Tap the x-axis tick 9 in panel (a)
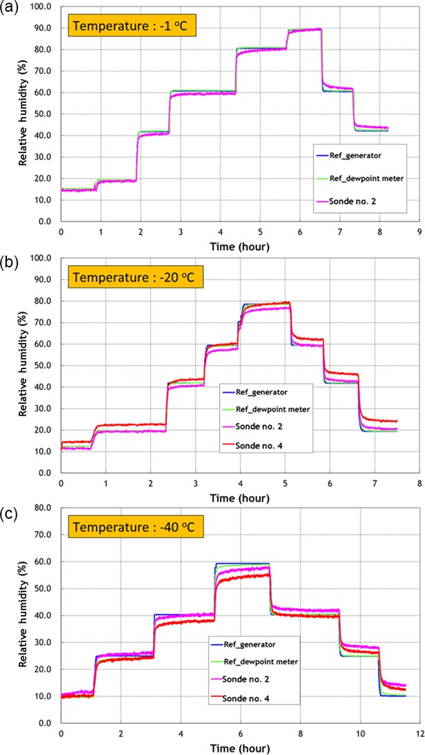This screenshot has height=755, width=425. tap(418, 232)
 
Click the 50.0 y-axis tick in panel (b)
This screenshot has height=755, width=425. tap(44, 365)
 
